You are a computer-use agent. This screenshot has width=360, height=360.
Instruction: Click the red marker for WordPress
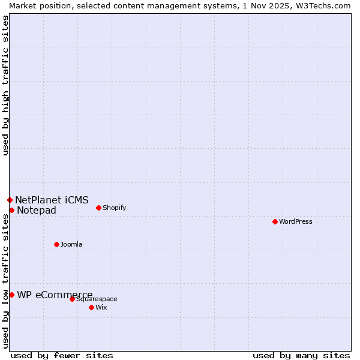click(275, 221)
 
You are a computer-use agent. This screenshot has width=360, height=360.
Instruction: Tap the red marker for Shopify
click(98, 208)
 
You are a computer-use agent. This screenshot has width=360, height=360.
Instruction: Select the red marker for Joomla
click(56, 244)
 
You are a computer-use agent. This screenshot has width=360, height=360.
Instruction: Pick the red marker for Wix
click(91, 307)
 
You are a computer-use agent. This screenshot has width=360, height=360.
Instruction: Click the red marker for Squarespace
click(72, 299)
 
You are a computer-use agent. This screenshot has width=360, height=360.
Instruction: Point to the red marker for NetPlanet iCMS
click(10, 200)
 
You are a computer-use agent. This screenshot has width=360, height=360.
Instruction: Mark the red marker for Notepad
click(11, 210)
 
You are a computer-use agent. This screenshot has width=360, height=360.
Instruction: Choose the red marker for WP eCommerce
click(11, 295)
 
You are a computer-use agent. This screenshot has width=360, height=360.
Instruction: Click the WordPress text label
click(296, 221)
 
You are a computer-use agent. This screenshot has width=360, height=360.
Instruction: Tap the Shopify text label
click(114, 208)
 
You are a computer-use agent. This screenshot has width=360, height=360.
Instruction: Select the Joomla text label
click(71, 244)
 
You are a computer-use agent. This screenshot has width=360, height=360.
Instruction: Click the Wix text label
click(101, 307)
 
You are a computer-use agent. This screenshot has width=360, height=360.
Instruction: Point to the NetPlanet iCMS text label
click(52, 200)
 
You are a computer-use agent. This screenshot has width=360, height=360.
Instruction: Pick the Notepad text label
click(37, 210)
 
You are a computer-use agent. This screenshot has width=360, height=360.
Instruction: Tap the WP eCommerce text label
click(55, 295)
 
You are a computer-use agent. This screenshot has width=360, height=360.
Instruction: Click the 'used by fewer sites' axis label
click(62, 355)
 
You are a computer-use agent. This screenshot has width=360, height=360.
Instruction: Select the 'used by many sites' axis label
click(301, 355)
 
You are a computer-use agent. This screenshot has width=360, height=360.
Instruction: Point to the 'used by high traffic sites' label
click(5, 85)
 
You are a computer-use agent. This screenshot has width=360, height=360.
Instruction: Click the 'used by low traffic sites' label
click(5, 281)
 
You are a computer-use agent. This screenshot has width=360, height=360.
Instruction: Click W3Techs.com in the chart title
click(323, 5)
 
